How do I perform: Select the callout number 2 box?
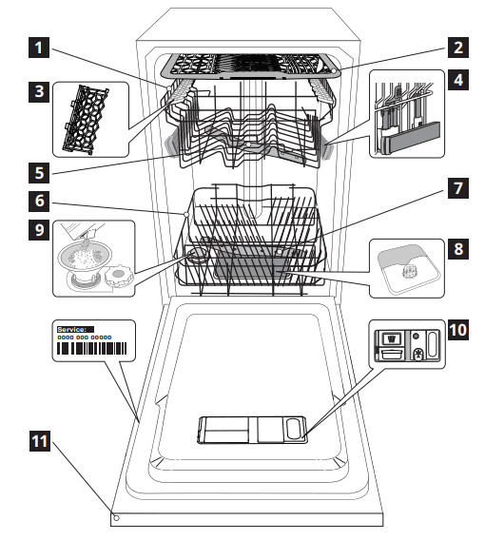(x=457, y=46)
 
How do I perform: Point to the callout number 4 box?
(x=457, y=80)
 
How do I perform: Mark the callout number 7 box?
(x=457, y=188)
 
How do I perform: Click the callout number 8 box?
(x=457, y=250)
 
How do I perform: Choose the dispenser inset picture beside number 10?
(x=406, y=345)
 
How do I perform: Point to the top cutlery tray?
(x=252, y=66)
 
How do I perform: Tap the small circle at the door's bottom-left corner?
(x=116, y=518)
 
